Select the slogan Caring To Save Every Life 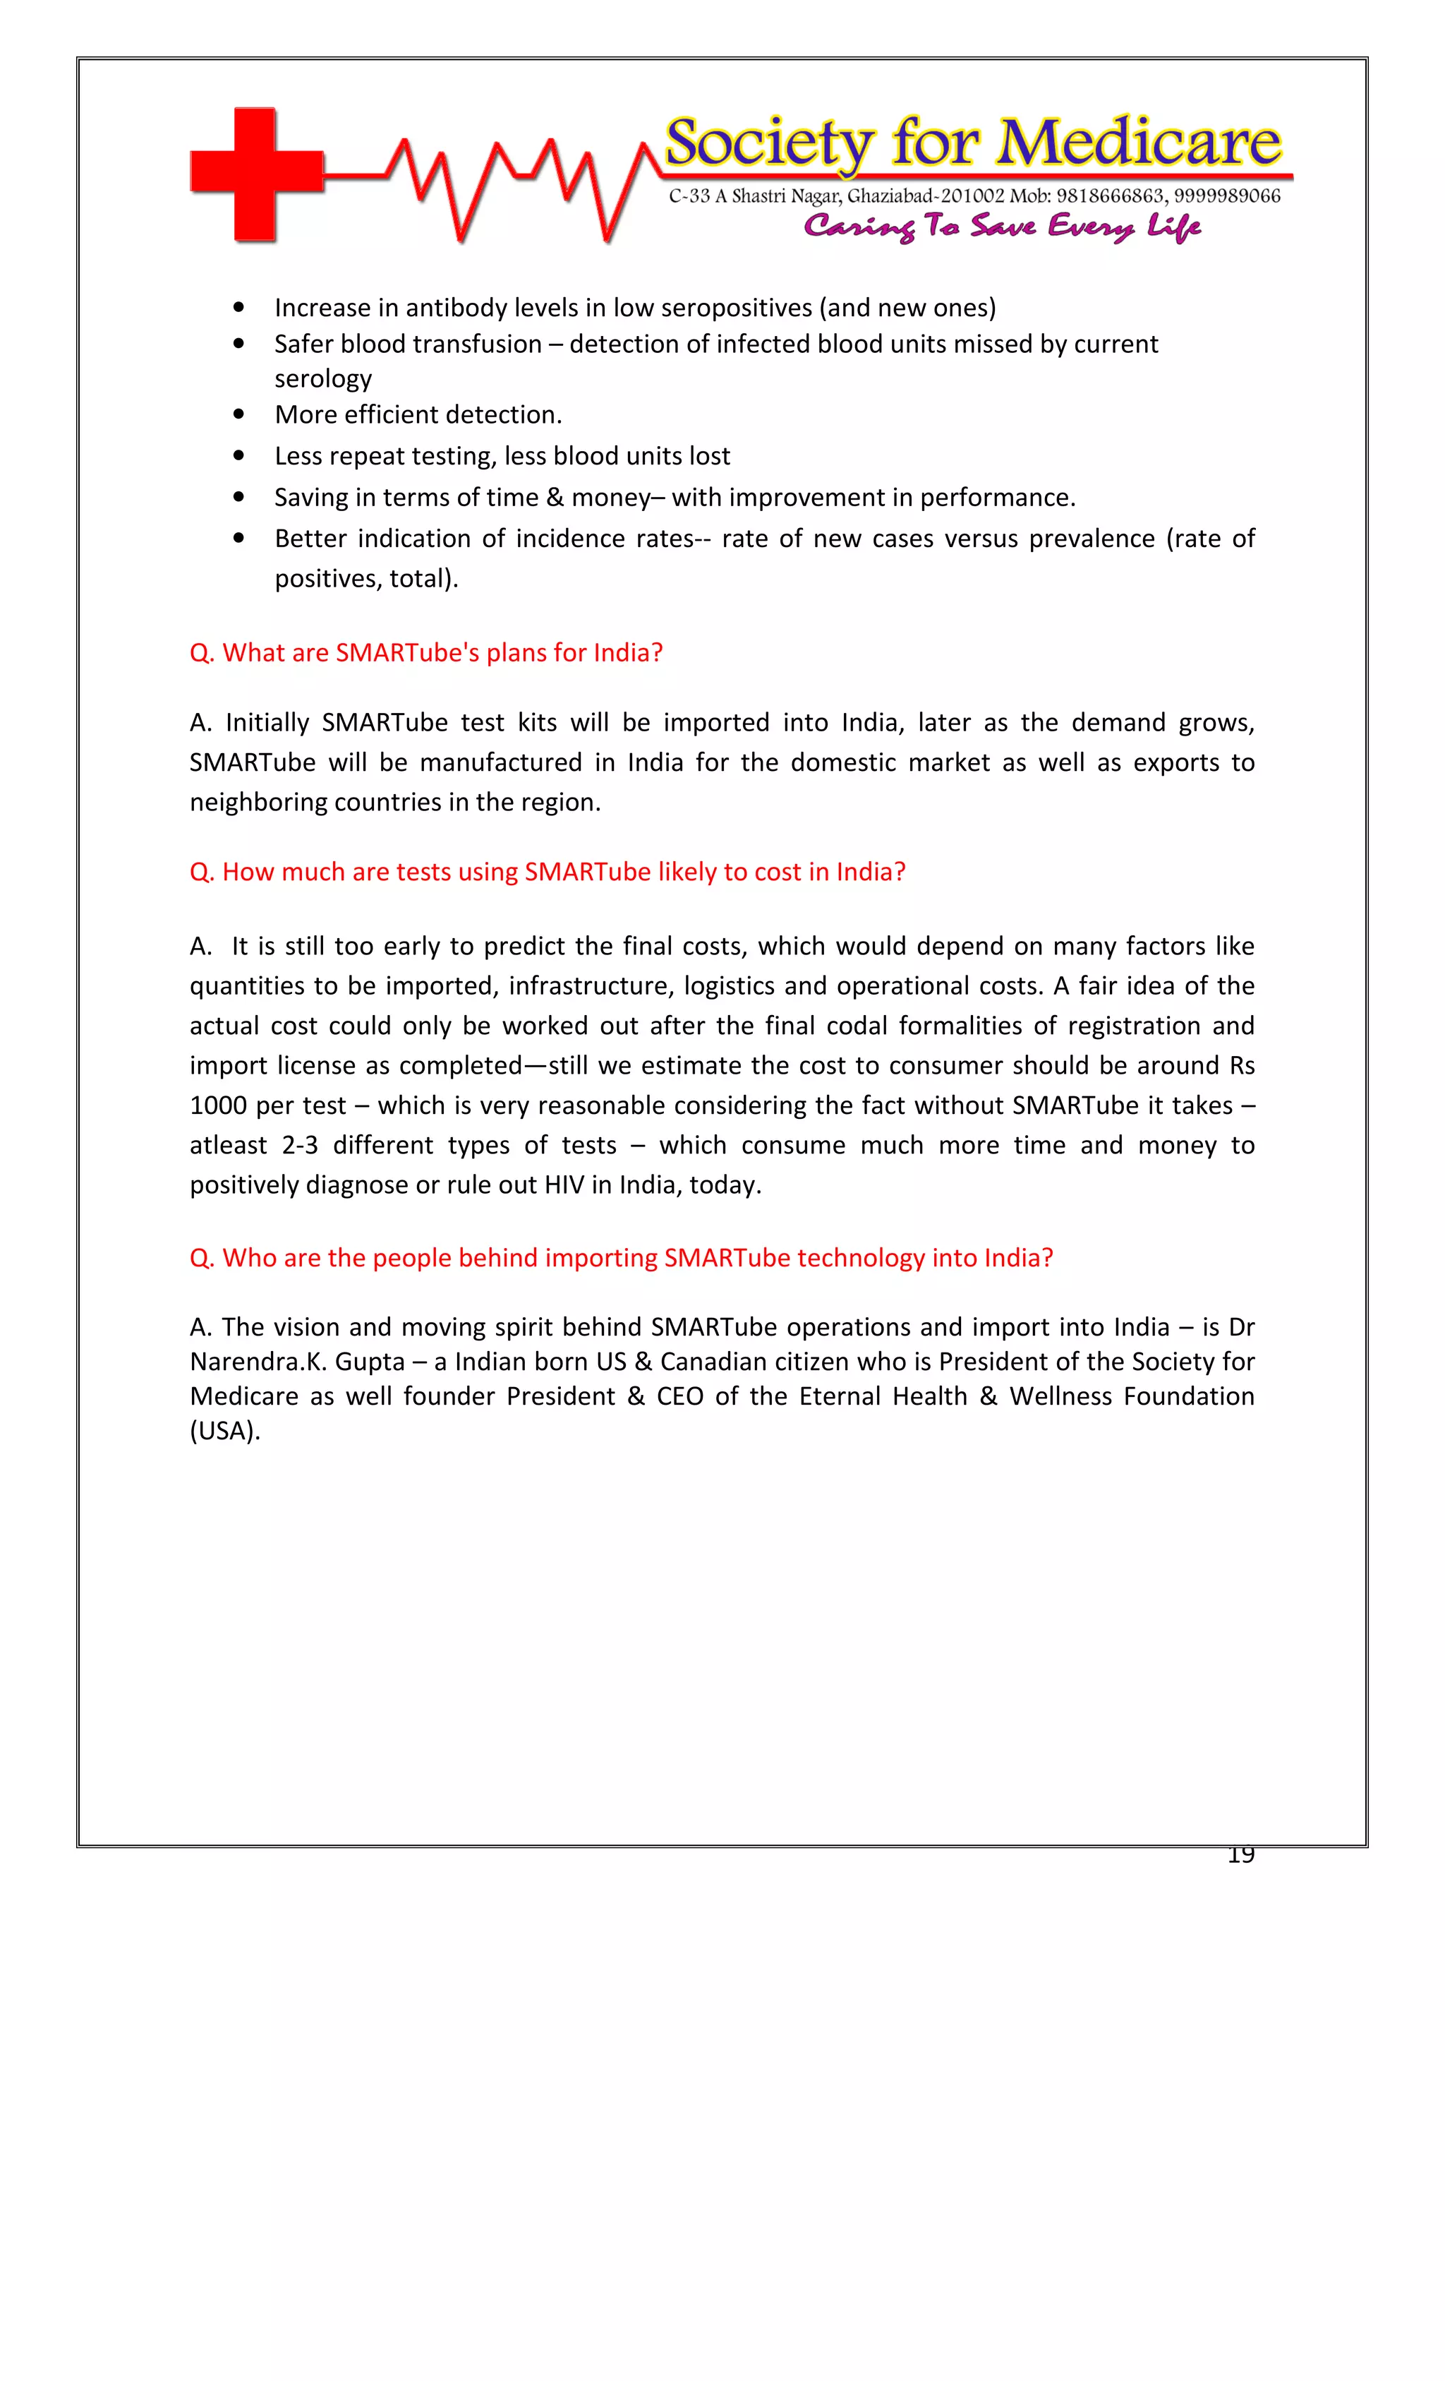1002,227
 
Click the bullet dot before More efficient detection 238,414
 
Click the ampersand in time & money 555,498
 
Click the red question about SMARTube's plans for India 426,653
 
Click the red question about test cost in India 547,872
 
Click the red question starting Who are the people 620,1258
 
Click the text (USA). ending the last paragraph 225,1431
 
